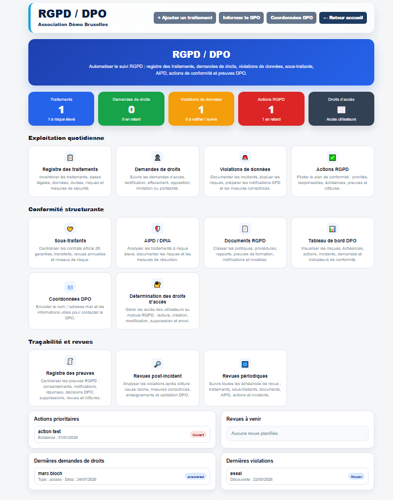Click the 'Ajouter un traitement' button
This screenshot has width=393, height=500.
click(185, 18)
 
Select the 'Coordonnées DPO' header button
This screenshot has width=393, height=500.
click(291, 18)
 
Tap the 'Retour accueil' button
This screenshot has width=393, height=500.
click(343, 18)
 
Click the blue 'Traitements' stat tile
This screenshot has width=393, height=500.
click(61, 109)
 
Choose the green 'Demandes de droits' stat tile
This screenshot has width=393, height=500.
click(131, 109)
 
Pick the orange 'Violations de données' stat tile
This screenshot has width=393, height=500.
click(201, 109)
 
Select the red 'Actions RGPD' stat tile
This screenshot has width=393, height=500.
click(271, 109)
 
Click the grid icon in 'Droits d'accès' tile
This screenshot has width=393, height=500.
click(341, 110)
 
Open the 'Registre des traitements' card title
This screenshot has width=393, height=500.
click(70, 169)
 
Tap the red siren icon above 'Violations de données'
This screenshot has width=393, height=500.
click(245, 157)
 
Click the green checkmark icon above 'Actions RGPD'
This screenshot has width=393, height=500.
click(332, 157)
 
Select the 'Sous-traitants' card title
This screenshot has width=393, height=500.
click(70, 241)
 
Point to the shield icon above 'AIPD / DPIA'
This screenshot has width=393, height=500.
click(158, 229)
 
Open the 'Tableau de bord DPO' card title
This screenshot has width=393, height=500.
click(332, 241)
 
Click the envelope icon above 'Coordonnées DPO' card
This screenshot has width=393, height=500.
click(70, 287)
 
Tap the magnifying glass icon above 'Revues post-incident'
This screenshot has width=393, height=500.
click(158, 364)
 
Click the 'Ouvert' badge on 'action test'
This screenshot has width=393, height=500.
click(198, 435)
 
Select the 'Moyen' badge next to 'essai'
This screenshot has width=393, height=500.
click(356, 477)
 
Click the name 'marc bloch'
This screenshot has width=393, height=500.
click(50, 473)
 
